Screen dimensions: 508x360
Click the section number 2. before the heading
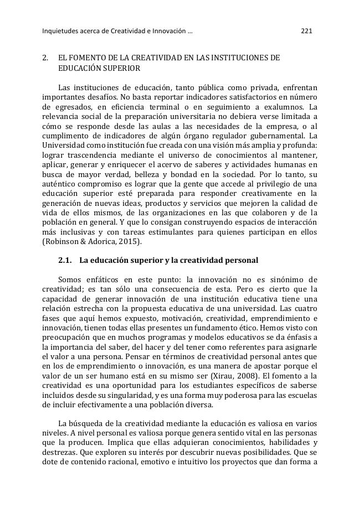45,58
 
